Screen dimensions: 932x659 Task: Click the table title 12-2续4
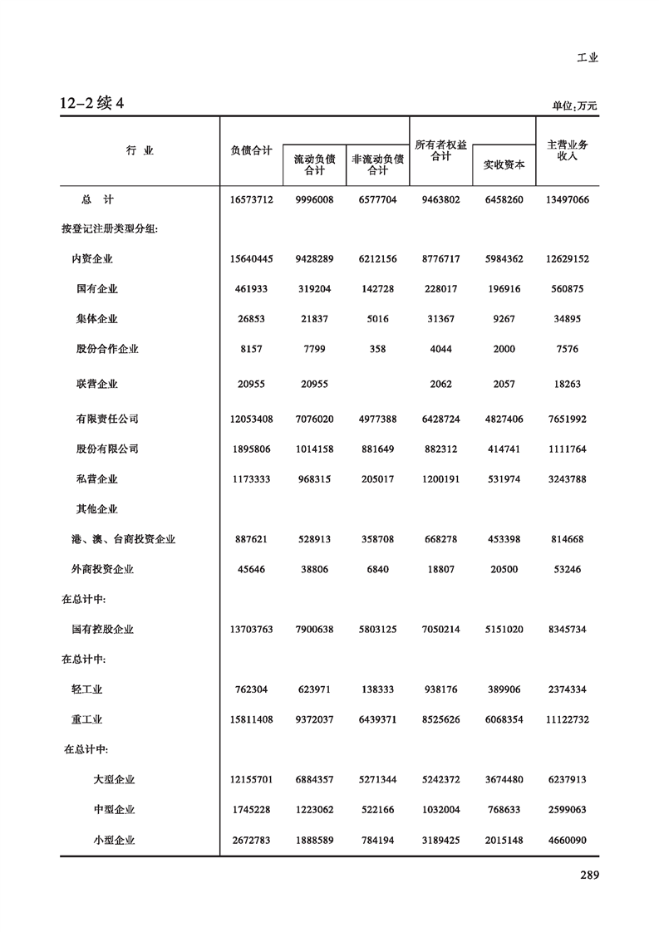pyautogui.click(x=91, y=104)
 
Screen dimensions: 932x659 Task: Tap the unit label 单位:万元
pyautogui.click(x=574, y=106)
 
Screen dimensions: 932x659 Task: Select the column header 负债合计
pyautogui.click(x=251, y=150)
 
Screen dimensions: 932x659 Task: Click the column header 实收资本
pyautogui.click(x=504, y=164)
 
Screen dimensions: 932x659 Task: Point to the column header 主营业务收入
pyautogui.click(x=568, y=150)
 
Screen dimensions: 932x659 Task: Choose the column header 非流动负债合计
pyautogui.click(x=377, y=164)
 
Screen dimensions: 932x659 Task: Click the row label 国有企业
pyautogui.click(x=96, y=289)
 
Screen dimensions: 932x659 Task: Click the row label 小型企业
pyautogui.click(x=114, y=840)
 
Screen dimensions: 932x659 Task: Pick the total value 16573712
pyautogui.click(x=251, y=200)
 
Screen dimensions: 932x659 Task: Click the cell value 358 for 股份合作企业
pyautogui.click(x=377, y=349)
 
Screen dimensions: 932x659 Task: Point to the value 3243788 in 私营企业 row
pyautogui.click(x=568, y=479)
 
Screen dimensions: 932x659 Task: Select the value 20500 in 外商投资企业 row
pyautogui.click(x=504, y=570)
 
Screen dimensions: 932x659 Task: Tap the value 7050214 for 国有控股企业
pyautogui.click(x=440, y=630)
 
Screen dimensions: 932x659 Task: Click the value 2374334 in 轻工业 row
pyautogui.click(x=568, y=689)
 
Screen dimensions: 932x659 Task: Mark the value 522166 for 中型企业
pyautogui.click(x=377, y=810)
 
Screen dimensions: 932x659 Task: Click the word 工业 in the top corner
pyautogui.click(x=587, y=58)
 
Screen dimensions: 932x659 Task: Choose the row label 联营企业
pyautogui.click(x=96, y=385)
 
